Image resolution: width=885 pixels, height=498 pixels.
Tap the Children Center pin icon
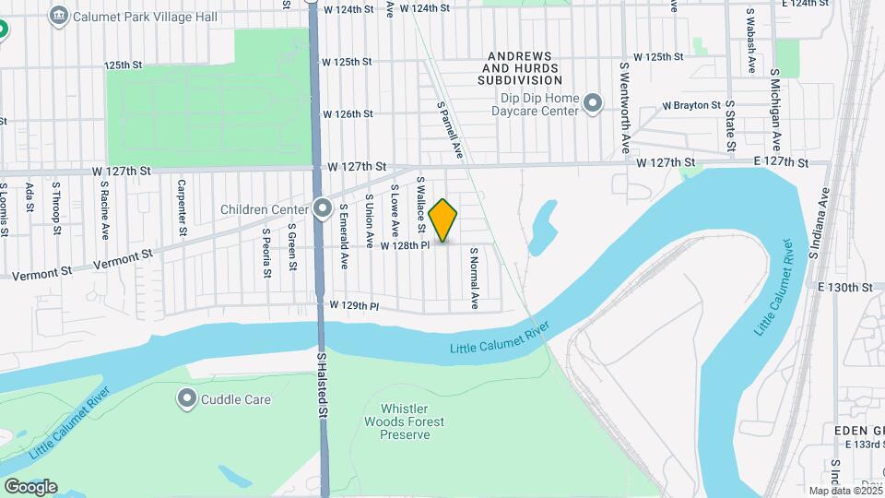[x=323, y=208]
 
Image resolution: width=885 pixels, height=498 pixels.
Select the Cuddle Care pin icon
[x=187, y=399]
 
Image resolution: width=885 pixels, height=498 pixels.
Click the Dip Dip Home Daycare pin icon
[x=593, y=104]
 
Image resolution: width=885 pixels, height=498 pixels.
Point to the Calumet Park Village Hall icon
[x=60, y=15]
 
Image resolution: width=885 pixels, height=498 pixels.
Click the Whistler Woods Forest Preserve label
[x=411, y=421]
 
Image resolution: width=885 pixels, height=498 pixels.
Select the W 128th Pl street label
[x=406, y=245]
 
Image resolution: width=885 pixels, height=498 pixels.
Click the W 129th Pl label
[x=355, y=304]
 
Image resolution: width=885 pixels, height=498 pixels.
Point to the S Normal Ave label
[x=475, y=278]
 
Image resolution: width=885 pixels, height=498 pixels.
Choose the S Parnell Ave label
[x=449, y=127]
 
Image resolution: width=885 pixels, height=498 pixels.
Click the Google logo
[x=29, y=486]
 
